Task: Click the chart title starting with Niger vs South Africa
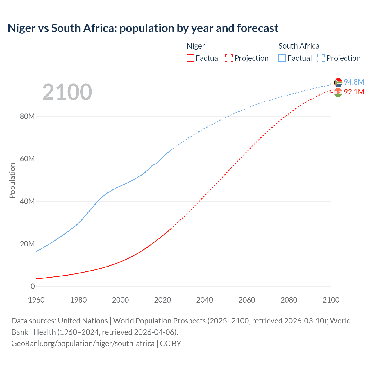pos(143,28)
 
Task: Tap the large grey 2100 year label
pos(67,92)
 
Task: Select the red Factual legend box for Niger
pos(190,58)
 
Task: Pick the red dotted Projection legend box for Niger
pos(229,58)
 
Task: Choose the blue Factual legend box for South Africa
pos(282,58)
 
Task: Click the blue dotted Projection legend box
pos(321,58)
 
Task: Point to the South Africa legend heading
pos(298,46)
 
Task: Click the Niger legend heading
pos(196,46)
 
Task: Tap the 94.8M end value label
pos(354,82)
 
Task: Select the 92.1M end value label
pos(354,92)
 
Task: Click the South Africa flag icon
pos(338,83)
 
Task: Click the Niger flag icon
pos(338,92)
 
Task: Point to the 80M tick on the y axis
pos(27,117)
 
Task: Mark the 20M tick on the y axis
pos(27,244)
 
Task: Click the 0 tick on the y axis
pos(33,286)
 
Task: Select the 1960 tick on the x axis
pos(36,300)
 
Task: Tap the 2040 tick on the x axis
pos(205,300)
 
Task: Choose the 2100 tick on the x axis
pos(331,300)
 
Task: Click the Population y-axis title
pos(12,180)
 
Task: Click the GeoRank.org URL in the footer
pos(83,344)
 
